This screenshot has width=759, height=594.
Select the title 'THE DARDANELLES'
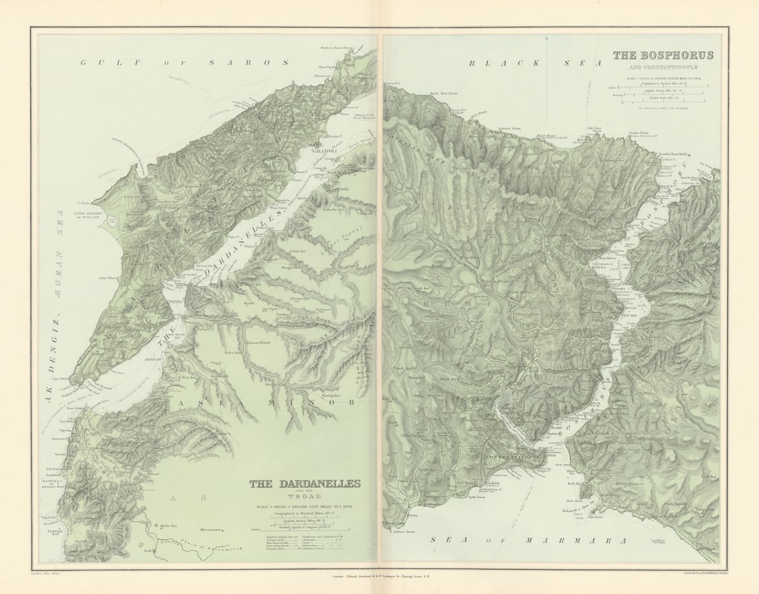(x=304, y=484)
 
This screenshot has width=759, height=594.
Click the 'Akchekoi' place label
(x=169, y=526)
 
